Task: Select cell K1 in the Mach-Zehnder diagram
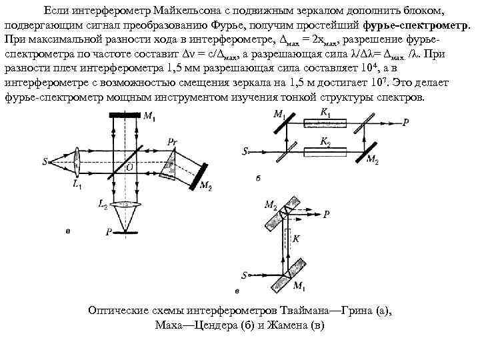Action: point(325,123)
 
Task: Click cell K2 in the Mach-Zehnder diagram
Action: point(325,151)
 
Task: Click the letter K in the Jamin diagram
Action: point(297,237)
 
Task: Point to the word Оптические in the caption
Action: point(123,311)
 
